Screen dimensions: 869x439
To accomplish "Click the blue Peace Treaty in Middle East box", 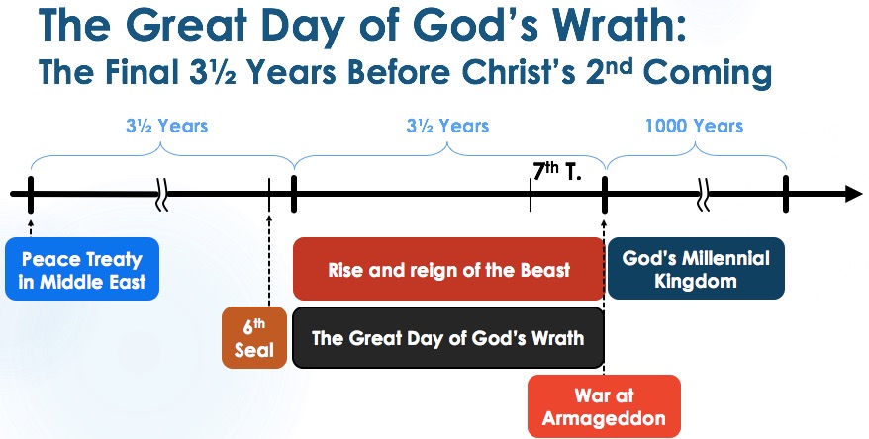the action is point(82,269).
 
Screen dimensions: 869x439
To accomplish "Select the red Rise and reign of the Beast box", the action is point(447,269).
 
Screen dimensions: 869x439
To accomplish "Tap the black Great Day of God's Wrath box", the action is point(447,338).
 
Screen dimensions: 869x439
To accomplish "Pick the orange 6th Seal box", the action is point(254,338).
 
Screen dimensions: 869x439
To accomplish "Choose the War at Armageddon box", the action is point(604,406).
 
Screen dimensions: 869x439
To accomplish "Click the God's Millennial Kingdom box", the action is point(696,269).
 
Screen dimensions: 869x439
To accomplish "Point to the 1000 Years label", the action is point(694,127).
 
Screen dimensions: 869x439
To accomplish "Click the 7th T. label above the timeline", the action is point(557,172).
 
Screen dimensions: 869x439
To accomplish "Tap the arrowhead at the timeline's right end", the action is point(853,194).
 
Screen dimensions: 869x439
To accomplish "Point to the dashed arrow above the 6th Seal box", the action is point(269,260).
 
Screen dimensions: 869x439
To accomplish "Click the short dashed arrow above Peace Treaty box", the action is point(31,226).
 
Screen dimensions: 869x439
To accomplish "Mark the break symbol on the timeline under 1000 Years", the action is point(703,195).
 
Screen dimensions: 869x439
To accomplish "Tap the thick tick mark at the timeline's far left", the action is point(31,195).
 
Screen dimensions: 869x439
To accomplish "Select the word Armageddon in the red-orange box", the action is point(604,419).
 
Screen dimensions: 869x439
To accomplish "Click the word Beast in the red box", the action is point(545,270).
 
